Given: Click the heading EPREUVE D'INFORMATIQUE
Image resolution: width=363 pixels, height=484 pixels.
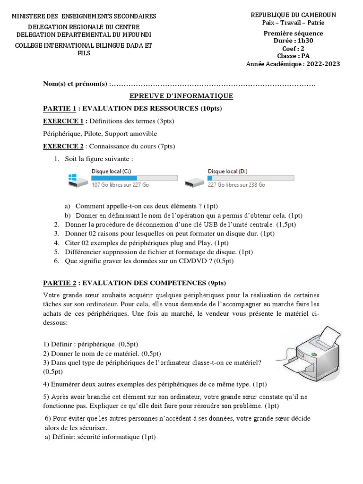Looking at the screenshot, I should (x=181, y=96).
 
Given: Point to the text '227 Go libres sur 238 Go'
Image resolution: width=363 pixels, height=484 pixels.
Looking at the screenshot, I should (x=236, y=185).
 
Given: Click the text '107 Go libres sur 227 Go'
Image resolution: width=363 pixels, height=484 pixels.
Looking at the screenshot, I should (x=120, y=185).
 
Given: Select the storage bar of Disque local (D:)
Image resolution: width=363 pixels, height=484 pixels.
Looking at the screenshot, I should (x=251, y=178).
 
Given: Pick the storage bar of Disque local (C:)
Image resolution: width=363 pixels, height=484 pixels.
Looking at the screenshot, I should (x=134, y=178).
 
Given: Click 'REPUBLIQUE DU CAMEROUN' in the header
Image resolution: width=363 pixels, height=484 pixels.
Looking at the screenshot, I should (x=293, y=15).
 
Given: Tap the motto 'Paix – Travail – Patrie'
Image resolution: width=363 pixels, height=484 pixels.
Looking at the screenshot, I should (x=293, y=23).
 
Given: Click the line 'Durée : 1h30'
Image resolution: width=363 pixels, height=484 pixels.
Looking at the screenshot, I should (x=293, y=41).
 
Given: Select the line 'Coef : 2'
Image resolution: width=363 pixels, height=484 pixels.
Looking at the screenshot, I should (x=293, y=48).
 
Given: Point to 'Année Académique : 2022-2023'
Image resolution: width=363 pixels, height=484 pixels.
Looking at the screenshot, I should (x=293, y=64).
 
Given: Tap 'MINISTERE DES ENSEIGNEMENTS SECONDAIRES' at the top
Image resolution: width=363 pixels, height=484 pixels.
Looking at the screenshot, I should (x=84, y=17).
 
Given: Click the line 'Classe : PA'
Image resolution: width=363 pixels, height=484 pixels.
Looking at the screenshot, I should (x=293, y=56).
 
